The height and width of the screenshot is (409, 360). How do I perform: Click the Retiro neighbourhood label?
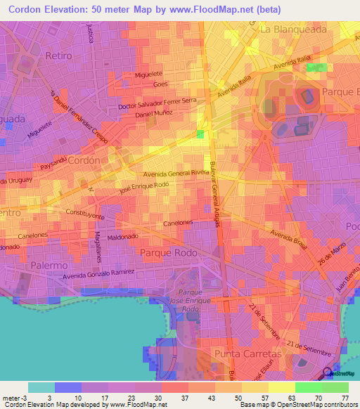tap(58, 55)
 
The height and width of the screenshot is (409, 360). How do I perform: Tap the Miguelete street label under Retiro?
tap(157, 74)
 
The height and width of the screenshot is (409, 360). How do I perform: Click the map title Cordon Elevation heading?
tap(145, 10)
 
